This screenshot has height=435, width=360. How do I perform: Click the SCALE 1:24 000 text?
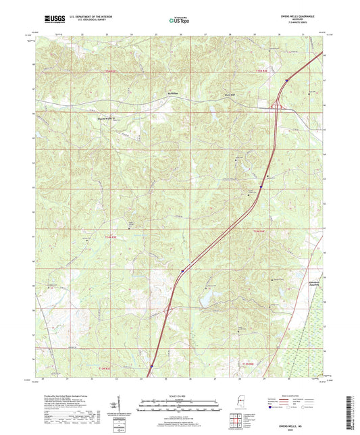coord(180,394)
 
